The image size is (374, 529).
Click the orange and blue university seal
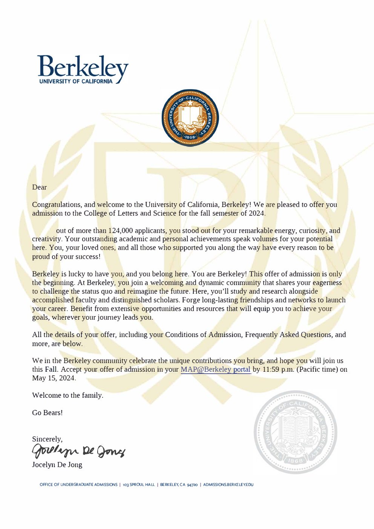[190, 118]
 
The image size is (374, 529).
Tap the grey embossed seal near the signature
[295, 432]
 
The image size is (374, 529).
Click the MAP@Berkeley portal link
[216, 370]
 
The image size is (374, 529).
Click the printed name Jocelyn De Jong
[57, 465]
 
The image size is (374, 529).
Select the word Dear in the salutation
[39, 187]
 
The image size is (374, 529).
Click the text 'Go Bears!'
[47, 412]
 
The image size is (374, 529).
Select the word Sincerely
[47, 439]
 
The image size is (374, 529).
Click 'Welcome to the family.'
[67, 395]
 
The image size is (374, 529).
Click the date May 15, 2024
[54, 378]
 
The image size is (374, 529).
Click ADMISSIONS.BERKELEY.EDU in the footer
[228, 485]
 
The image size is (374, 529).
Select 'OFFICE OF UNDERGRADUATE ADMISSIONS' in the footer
[78, 485]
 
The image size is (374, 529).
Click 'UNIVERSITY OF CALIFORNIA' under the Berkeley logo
[76, 81]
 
